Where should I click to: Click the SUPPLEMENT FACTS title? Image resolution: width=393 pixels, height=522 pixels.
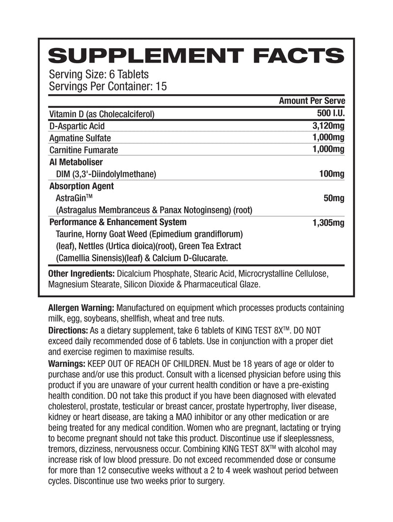coord(196,55)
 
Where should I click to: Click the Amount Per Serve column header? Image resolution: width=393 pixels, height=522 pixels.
coord(312,101)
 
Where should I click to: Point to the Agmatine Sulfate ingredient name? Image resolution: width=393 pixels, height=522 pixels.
coord(81,138)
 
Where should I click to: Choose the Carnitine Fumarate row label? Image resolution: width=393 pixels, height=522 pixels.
coord(84,150)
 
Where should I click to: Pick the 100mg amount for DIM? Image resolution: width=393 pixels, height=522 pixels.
coord(332,174)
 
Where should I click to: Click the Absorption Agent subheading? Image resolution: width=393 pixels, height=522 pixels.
coord(82,186)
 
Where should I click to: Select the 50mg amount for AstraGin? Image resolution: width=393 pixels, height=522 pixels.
coord(334,198)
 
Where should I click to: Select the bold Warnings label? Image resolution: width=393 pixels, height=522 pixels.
coord(67,364)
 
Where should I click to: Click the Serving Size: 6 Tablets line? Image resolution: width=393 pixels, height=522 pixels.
coord(99,75)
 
